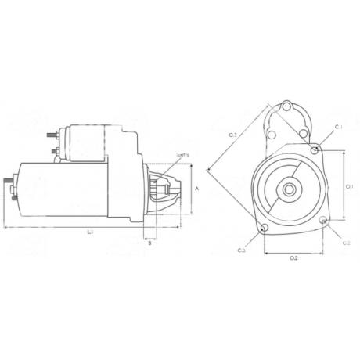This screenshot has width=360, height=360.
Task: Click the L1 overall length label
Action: pyautogui.click(x=90, y=232)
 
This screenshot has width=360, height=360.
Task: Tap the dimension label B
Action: pyautogui.click(x=149, y=243)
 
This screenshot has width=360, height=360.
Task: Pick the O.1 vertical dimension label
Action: pyautogui.click(x=350, y=186)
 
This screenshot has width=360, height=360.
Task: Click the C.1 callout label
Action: pyautogui.click(x=338, y=127)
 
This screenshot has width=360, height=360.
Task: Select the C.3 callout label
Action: pyautogui.click(x=242, y=250)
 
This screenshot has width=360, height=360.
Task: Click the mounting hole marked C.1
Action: pyautogui.click(x=314, y=149)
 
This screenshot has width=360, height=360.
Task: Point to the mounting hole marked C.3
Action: pyautogui.click(x=264, y=229)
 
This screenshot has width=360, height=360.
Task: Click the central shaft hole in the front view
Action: pyautogui.click(x=289, y=189)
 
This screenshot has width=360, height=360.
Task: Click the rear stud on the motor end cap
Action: pyautogui.click(x=9, y=187)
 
